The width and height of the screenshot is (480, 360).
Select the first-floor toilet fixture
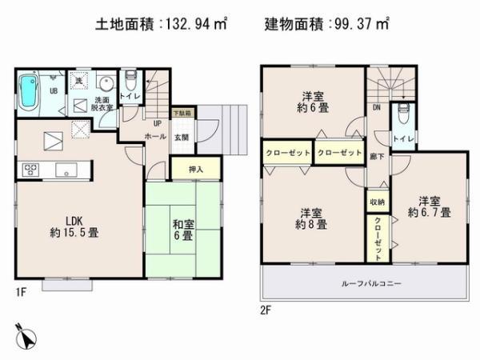[130, 81]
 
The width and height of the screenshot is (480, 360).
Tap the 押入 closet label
[194, 169]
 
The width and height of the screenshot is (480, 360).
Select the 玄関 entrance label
[182, 137]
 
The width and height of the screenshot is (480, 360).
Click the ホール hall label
[154, 137]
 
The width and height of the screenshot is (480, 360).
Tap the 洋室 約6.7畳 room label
[429, 206]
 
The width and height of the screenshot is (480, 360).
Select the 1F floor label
[21, 290]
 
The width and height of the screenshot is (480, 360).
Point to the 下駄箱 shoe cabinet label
[182, 114]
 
